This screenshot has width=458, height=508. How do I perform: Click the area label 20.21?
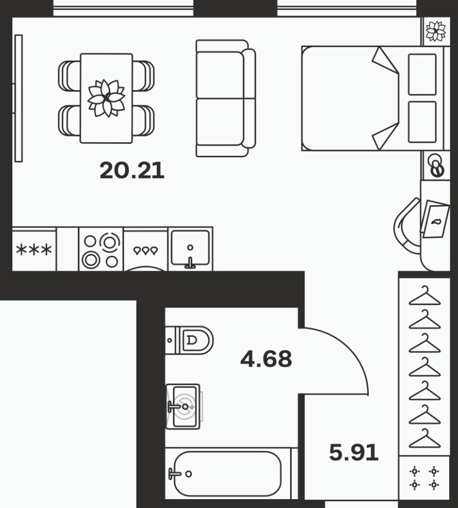pos(132,171)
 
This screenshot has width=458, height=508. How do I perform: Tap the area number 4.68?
pos(266,358)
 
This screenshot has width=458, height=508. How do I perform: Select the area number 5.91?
pos(354,452)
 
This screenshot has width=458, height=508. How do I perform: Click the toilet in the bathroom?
pos(190,340)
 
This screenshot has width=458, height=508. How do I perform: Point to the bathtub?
pos(227,474)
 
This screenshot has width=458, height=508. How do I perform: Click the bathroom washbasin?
pos(183,407)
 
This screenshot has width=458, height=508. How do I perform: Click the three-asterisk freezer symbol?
pos(34,250)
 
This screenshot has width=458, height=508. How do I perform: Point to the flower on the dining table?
pos(107,98)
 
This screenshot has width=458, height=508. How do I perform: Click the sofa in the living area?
pos(226,98)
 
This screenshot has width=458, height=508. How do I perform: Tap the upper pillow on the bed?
pos(422,74)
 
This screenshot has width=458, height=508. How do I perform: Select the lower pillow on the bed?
pos(422,122)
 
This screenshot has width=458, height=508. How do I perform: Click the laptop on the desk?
pos(435,220)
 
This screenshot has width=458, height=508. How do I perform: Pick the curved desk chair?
pos(407,227)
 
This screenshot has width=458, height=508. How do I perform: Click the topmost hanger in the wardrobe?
pos(425,296)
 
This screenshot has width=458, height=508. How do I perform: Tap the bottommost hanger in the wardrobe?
pos(425,438)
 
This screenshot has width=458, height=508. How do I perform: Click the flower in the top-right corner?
pos(436,32)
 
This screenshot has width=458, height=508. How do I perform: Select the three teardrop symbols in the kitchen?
pos(146,251)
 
